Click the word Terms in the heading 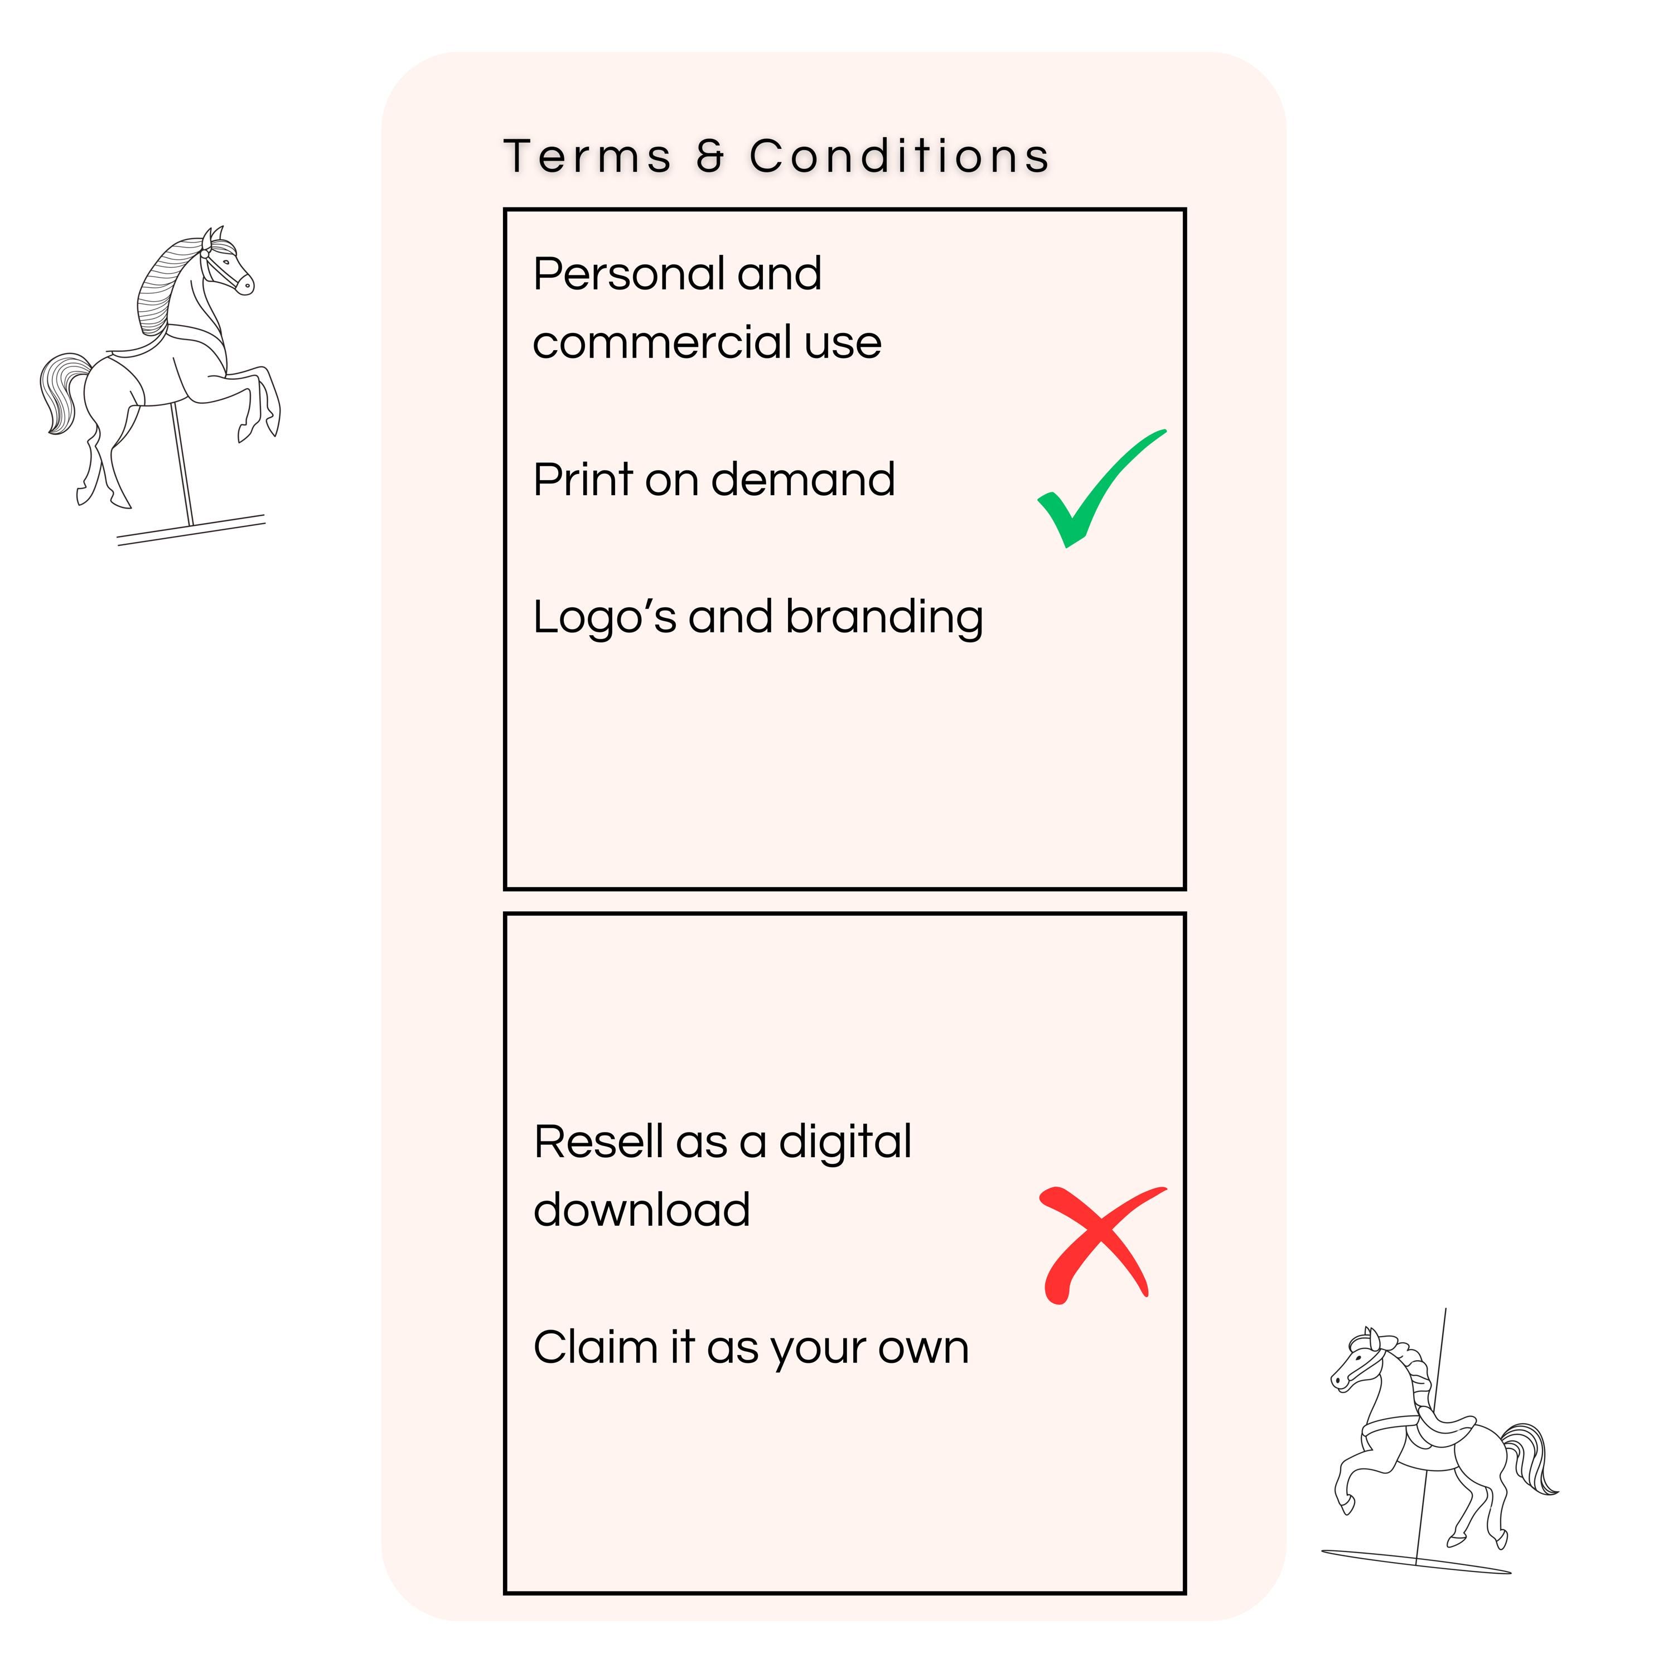click(x=587, y=157)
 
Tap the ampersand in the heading click(x=710, y=157)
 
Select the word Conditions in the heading click(x=900, y=157)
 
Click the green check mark click(x=1101, y=489)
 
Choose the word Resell click(x=598, y=1142)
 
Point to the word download click(x=642, y=1210)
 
